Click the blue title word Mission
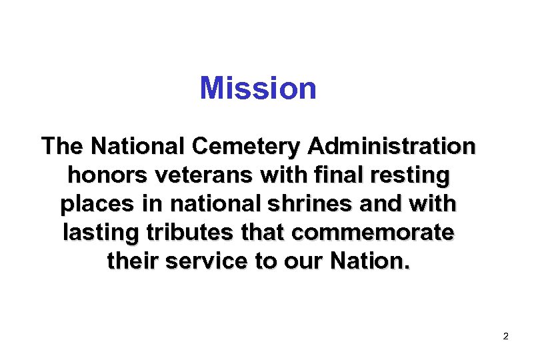tap(258, 88)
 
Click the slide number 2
tap(505, 337)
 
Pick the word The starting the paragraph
tap(63, 146)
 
